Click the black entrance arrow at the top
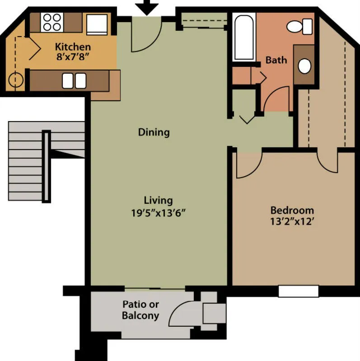click(x=147, y=7)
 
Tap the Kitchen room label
click(x=73, y=47)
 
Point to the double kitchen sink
click(x=74, y=80)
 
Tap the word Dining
click(x=154, y=132)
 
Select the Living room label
click(x=158, y=200)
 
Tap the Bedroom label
click(x=292, y=210)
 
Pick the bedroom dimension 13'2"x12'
click(x=292, y=222)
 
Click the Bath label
click(x=276, y=60)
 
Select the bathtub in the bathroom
click(x=244, y=36)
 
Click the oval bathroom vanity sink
click(x=305, y=66)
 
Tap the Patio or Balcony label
click(x=140, y=309)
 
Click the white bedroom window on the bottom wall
click(x=298, y=291)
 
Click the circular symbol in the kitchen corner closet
click(x=16, y=80)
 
